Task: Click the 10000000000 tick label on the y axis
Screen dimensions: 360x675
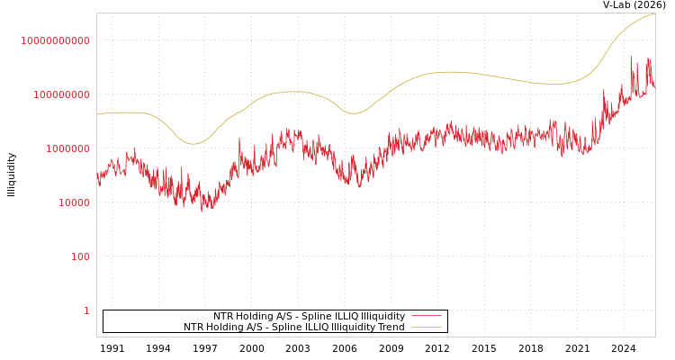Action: coord(55,40)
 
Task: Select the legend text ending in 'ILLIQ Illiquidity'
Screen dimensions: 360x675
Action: coord(309,317)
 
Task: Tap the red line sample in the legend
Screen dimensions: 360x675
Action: coord(427,317)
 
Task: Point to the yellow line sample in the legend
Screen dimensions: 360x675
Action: coord(427,328)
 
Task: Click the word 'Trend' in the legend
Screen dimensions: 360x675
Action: coord(390,328)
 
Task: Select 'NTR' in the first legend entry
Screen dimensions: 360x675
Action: coord(223,317)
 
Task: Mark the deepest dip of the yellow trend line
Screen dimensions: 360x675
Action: coord(192,144)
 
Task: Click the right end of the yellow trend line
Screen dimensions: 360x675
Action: coord(654,13)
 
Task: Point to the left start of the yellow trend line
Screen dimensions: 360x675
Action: coord(97,114)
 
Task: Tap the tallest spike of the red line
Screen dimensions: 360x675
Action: coord(631,57)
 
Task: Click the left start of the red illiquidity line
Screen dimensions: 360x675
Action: coord(97,175)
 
